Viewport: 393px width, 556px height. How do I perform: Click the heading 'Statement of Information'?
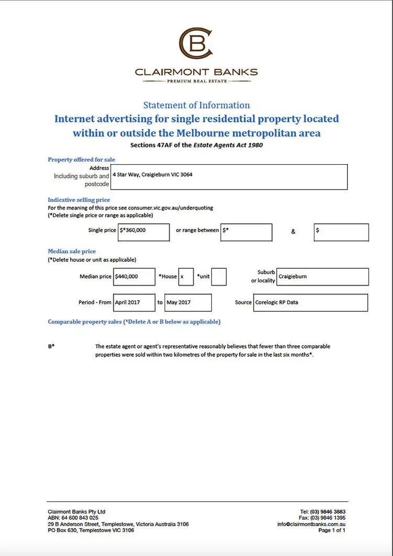click(196, 105)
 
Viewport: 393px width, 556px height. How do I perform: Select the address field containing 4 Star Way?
click(230, 177)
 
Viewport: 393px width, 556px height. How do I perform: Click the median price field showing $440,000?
click(135, 277)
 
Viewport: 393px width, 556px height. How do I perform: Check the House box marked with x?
click(185, 277)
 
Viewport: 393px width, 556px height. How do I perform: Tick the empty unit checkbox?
click(219, 277)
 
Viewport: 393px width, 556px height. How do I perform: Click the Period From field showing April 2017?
click(134, 302)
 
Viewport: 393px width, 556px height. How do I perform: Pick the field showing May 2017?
click(188, 302)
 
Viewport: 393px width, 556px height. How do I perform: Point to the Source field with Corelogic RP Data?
click(311, 302)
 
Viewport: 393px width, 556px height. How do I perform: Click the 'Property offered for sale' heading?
click(81, 160)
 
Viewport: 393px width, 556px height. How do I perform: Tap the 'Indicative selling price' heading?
click(79, 200)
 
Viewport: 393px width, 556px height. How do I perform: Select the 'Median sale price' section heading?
click(72, 251)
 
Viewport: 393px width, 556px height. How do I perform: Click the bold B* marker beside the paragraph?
click(51, 347)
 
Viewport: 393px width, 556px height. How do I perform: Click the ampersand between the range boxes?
click(293, 232)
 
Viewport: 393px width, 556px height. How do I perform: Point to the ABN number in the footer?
click(73, 518)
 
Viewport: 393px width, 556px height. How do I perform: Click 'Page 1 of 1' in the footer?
click(332, 530)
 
